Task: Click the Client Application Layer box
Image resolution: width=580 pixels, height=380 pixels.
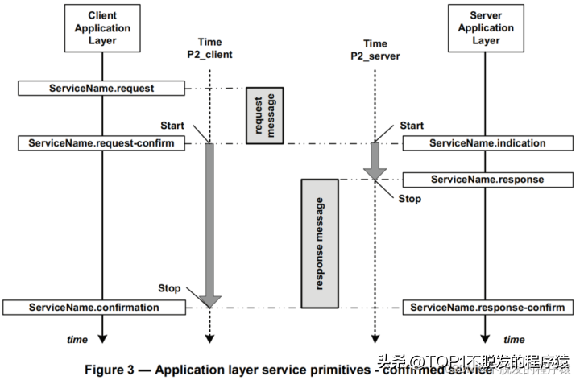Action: pyautogui.click(x=101, y=28)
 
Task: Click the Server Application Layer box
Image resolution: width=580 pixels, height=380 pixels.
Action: pyautogui.click(x=486, y=28)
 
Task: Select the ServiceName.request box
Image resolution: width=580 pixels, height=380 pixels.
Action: pyautogui.click(x=102, y=86)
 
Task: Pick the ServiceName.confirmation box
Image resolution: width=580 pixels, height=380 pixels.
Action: pyautogui.click(x=94, y=308)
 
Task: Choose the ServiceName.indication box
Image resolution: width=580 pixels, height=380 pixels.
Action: pyautogui.click(x=487, y=143)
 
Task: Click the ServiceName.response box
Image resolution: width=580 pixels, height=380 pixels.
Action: pyautogui.click(x=487, y=179)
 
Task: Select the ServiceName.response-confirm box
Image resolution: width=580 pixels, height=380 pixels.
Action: pyautogui.click(x=487, y=308)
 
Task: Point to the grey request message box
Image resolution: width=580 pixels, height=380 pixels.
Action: pyautogui.click(x=264, y=115)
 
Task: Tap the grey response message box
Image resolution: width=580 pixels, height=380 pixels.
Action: pyautogui.click(x=318, y=242)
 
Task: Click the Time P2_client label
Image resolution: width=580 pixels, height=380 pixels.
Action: pyautogui.click(x=209, y=50)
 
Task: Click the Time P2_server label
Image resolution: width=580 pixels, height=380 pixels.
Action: pyautogui.click(x=375, y=50)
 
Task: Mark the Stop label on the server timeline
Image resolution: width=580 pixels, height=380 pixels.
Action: pyautogui.click(x=409, y=199)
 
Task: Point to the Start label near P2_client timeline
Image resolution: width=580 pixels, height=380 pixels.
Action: pyautogui.click(x=172, y=126)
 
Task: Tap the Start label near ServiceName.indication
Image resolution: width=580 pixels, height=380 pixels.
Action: pyautogui.click(x=412, y=126)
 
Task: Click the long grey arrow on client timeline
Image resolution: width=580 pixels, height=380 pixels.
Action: pyautogui.click(x=209, y=225)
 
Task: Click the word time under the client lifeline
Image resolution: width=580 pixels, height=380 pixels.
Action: pyautogui.click(x=77, y=340)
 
